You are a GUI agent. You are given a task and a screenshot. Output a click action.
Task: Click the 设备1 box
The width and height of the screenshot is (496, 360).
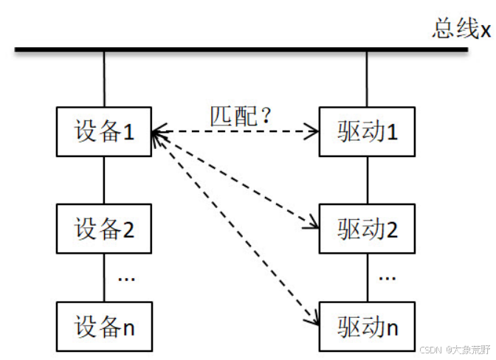pos(104,132)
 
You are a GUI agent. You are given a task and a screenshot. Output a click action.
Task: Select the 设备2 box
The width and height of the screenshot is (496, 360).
pos(104,229)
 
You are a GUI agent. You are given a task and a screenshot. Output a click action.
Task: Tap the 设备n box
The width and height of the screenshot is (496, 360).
pos(104,325)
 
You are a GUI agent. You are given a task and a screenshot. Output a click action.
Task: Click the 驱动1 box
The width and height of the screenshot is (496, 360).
pos(367,132)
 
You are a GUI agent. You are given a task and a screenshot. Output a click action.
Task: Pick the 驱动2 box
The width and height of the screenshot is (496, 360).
pos(367,229)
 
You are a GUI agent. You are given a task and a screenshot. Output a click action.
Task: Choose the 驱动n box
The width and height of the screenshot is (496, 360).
pos(367,325)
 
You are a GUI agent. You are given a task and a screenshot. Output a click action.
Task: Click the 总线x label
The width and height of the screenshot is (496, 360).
pos(461,30)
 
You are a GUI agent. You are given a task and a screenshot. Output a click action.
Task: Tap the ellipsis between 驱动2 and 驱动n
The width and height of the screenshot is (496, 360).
pos(387,279)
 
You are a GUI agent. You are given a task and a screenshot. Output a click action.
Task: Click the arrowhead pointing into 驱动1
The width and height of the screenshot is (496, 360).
pos(313,133)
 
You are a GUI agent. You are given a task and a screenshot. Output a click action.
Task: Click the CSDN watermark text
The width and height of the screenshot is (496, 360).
pos(454,350)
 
